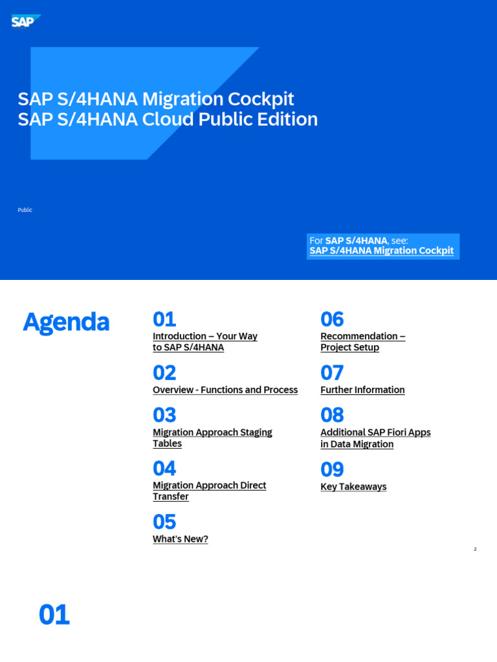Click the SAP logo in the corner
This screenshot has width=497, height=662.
coord(25,22)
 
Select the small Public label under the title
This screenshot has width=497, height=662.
coord(25,210)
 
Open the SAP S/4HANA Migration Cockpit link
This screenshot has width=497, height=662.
coord(381,251)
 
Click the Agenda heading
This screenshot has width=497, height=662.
coord(66,322)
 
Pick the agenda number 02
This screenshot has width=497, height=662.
coord(164,373)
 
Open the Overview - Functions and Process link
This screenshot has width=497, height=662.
coord(225,390)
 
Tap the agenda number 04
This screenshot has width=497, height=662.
coord(164,469)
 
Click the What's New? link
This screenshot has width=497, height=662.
coord(180,539)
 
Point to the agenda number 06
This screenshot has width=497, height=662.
coord(332,319)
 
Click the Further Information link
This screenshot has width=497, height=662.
coord(362,390)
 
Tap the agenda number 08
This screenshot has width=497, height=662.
coord(332,415)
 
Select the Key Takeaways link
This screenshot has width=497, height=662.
coord(353,487)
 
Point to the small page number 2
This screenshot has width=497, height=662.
coord(475,550)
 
